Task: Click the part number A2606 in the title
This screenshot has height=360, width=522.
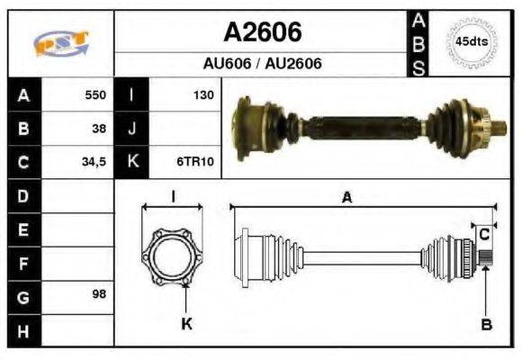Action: click(x=263, y=32)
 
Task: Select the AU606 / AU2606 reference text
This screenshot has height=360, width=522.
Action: click(x=262, y=63)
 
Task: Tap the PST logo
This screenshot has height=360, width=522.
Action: click(x=61, y=43)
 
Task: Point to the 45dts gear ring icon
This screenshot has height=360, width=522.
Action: click(x=472, y=41)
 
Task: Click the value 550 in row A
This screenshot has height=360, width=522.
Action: click(x=95, y=94)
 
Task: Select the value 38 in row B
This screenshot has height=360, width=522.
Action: click(x=99, y=128)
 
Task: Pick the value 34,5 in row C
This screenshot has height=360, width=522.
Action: click(x=94, y=162)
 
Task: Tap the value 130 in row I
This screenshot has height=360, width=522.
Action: click(x=203, y=94)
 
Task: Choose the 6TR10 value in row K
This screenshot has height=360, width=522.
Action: click(x=195, y=161)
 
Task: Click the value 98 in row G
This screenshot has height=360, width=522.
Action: click(x=99, y=293)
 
